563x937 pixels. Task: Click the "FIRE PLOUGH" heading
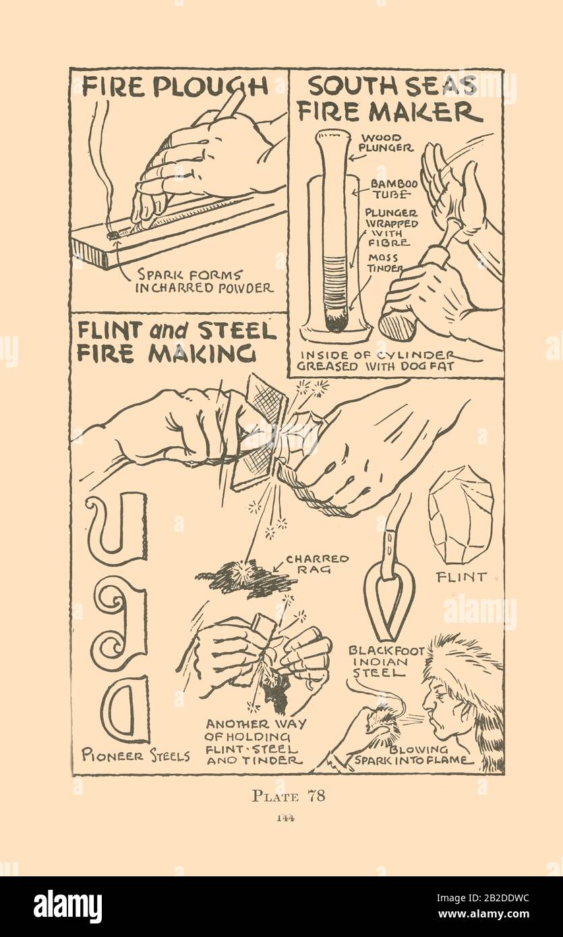[x=175, y=86]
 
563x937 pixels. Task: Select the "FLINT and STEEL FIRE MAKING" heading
[x=177, y=343]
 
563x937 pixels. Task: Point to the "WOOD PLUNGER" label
[x=387, y=143]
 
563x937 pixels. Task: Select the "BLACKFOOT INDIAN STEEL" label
[x=386, y=662]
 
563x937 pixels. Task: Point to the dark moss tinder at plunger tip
[x=335, y=321]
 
